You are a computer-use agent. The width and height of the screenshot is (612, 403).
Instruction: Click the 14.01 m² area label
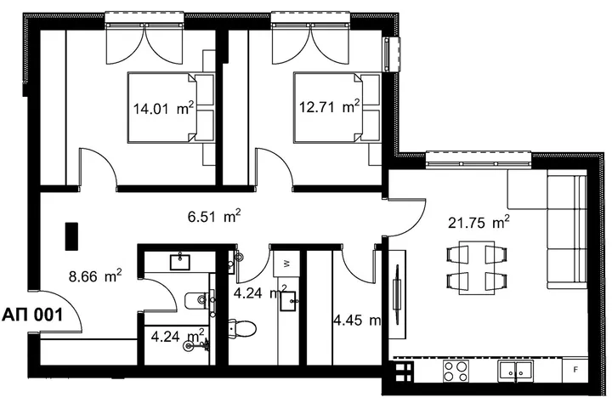[x=163, y=108]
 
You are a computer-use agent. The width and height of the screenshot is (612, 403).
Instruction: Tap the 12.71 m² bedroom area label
[x=329, y=106]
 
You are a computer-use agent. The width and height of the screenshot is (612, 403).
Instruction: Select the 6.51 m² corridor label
[x=214, y=216]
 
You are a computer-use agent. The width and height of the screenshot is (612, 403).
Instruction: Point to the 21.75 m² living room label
[x=479, y=223]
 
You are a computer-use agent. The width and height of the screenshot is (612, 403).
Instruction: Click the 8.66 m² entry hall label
[x=95, y=276]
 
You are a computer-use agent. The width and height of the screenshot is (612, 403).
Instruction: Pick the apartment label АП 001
[x=32, y=315]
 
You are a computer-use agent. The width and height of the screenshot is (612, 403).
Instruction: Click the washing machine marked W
[x=286, y=264]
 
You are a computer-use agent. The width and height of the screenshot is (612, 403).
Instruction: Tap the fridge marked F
[x=575, y=370]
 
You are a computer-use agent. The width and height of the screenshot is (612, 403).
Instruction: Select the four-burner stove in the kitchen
[x=456, y=371]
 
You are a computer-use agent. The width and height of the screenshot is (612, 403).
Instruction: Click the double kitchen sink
[x=515, y=371]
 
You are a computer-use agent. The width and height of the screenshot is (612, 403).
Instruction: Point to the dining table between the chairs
[x=477, y=268]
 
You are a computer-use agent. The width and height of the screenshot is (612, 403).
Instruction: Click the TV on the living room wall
[x=397, y=288]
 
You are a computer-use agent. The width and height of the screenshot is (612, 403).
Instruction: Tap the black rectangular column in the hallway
[x=71, y=236]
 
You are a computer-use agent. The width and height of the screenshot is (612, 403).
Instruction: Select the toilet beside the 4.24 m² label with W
[x=242, y=328]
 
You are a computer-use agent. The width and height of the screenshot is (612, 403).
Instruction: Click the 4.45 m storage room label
[x=357, y=321]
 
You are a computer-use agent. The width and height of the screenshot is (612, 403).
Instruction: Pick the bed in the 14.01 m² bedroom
[x=171, y=107]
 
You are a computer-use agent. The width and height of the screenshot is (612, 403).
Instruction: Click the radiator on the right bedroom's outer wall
[x=392, y=54]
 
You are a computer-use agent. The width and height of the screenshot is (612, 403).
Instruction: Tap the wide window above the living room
[x=479, y=160]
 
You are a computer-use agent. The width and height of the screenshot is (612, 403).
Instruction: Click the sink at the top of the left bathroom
[x=180, y=262]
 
